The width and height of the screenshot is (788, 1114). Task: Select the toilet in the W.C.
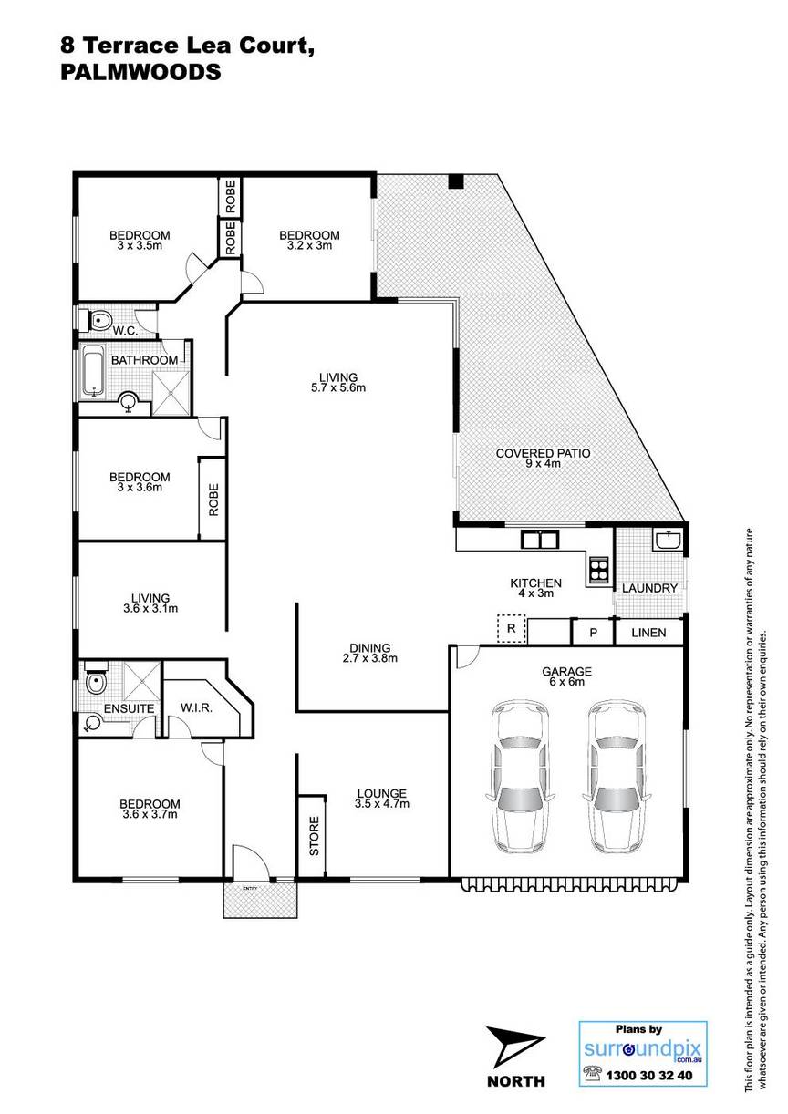coord(97,320)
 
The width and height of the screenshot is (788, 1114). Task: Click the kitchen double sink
coord(540,540)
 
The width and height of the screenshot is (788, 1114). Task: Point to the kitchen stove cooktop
coord(598,570)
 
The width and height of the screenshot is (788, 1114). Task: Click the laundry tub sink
coord(669,540)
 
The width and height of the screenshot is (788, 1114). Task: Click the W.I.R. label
coord(196,707)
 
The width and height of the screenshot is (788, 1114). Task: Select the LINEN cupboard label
coord(648,633)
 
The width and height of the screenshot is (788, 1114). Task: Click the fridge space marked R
coord(512,629)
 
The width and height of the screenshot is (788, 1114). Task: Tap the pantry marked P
coord(593,633)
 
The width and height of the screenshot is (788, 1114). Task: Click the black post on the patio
coord(455,181)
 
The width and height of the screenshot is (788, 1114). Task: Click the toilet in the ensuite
coord(96,677)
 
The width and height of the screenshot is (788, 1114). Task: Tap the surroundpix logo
coord(643,1037)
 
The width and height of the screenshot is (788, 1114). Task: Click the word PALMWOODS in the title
coord(140,73)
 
